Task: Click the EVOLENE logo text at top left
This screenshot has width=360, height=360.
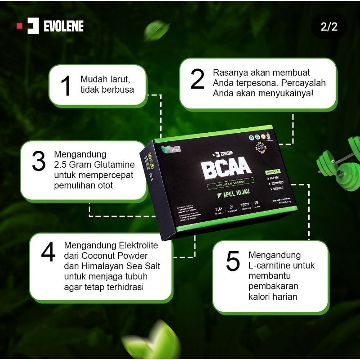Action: coord(63,26)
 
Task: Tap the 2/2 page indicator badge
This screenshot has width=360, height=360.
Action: coord(328,27)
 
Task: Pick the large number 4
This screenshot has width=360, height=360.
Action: coord(48,253)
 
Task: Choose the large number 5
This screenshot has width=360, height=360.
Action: coord(233,262)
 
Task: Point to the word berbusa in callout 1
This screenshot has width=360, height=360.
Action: coord(119,89)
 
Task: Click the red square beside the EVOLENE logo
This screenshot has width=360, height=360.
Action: coord(19,26)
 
